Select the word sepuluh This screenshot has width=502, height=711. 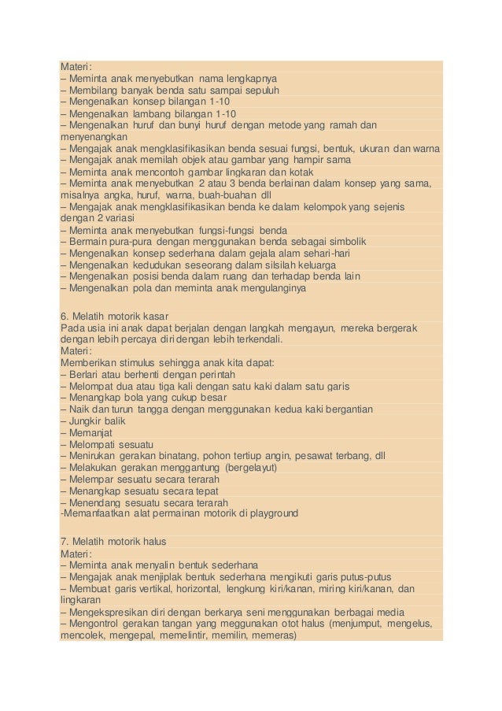pos(257,91)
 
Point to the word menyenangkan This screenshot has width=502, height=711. pos(93,136)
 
